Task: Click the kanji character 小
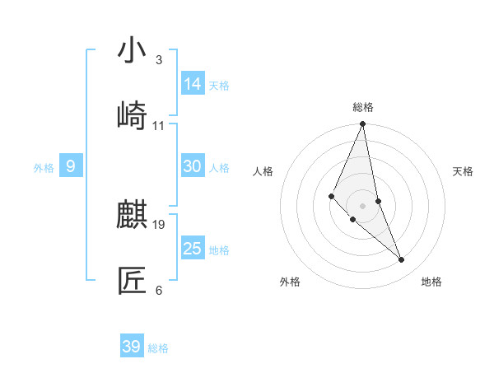[x=133, y=50]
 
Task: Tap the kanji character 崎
[x=133, y=115]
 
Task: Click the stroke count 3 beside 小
[x=159, y=60]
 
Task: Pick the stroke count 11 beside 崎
[x=159, y=126]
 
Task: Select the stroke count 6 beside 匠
[x=159, y=291]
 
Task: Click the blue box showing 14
[x=193, y=84]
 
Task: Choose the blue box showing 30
[x=193, y=166]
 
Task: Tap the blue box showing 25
[x=193, y=249]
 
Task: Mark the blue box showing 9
[x=71, y=167]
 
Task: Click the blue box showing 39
[x=132, y=347]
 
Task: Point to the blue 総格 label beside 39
[x=158, y=348]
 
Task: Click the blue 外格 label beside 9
[x=44, y=168]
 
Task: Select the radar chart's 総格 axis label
[x=363, y=107]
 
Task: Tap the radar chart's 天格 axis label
[x=463, y=171]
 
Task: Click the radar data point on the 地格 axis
[x=402, y=260]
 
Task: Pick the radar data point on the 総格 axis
[x=363, y=124]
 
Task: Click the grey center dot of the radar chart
[x=363, y=205]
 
